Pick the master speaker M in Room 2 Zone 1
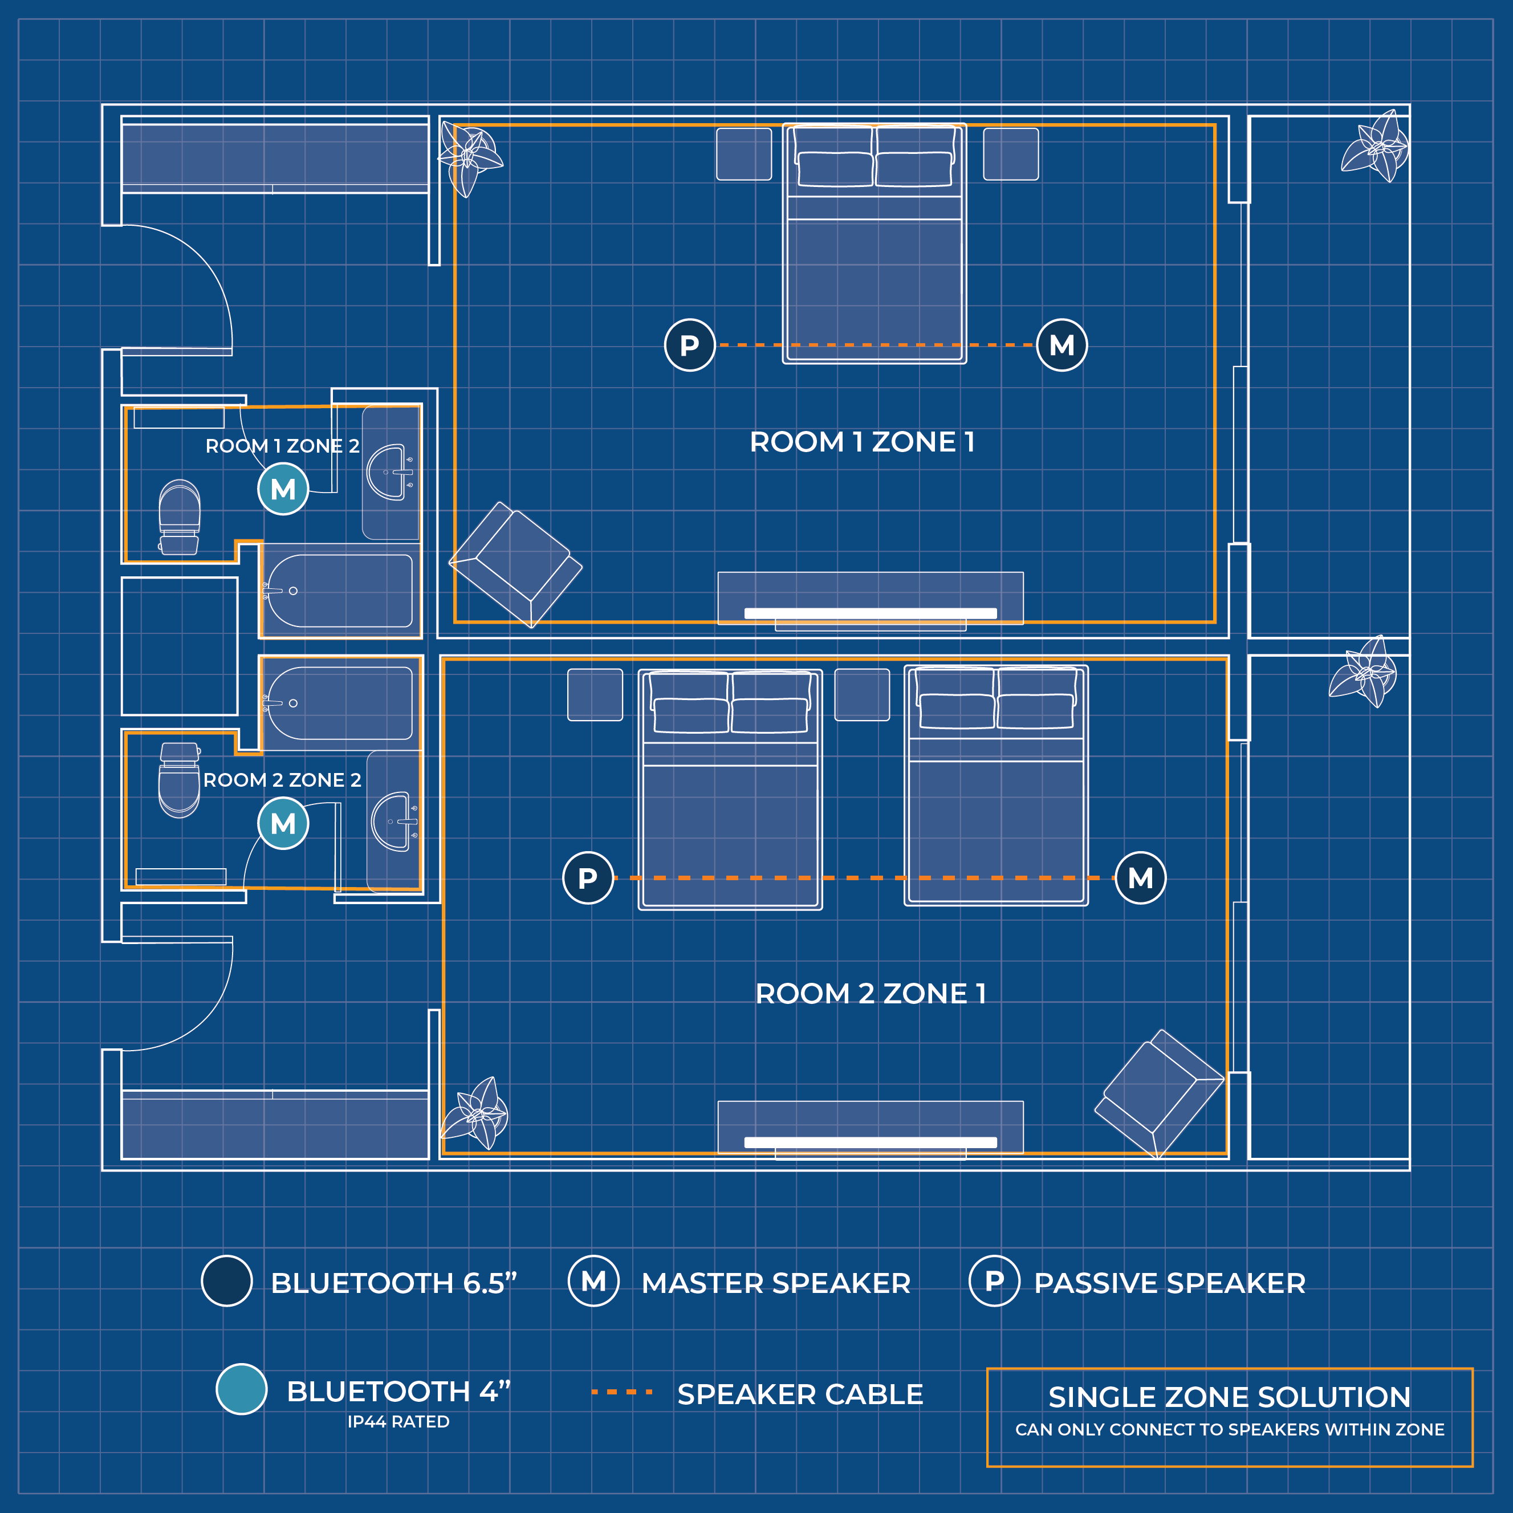point(1140,878)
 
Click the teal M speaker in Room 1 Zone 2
point(283,489)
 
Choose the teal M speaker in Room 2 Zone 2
point(283,823)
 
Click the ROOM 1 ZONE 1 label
point(862,442)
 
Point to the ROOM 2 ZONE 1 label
point(870,993)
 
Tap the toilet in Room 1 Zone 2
point(180,517)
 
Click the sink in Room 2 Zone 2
point(394,821)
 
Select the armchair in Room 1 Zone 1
point(516,564)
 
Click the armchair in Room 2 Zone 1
point(1159,1094)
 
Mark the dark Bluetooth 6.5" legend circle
point(226,1281)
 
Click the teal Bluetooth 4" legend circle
point(241,1389)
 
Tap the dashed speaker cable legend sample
point(622,1392)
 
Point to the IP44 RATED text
point(398,1421)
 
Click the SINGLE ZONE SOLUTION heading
point(1230,1396)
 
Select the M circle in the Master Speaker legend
point(593,1281)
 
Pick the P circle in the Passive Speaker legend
point(995,1281)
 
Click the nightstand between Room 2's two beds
point(862,694)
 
